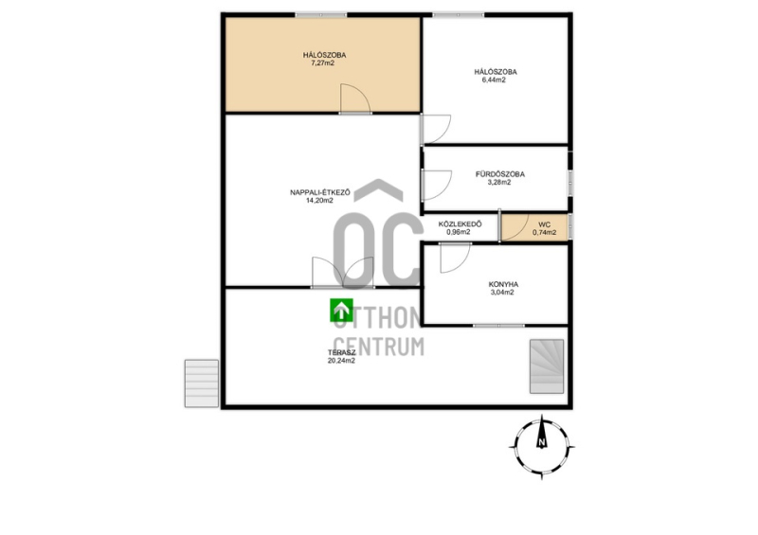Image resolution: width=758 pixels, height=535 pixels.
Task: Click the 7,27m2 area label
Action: (x=322, y=62)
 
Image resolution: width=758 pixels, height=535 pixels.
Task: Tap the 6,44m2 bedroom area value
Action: (x=494, y=80)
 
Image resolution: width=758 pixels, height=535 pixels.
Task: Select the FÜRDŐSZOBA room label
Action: (x=500, y=174)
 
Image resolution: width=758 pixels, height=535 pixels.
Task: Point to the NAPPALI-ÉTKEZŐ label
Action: (x=320, y=192)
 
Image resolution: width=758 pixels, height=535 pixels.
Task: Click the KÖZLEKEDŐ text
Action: (x=460, y=224)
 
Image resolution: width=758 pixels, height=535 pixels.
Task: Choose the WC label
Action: (x=544, y=224)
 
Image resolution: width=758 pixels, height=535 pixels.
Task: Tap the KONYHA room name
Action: (x=503, y=285)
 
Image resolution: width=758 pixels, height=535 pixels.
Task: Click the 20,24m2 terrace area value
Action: (x=341, y=361)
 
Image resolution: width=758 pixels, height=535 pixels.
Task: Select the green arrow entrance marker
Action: (x=341, y=311)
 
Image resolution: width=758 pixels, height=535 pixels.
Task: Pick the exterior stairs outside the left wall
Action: (x=201, y=383)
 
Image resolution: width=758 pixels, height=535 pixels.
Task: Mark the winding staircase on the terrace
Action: (x=547, y=366)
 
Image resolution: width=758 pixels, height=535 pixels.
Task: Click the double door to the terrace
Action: (x=343, y=273)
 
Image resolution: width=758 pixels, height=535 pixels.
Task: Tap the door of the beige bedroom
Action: (x=355, y=98)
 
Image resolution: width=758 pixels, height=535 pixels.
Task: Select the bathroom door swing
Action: (x=437, y=185)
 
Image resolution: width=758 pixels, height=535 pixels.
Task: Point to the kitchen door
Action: (x=456, y=258)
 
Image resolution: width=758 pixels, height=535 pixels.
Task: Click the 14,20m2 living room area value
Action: (x=319, y=201)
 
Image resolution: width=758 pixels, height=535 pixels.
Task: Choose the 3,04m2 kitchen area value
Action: (x=502, y=293)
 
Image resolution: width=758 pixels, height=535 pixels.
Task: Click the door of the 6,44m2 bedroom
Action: (x=436, y=129)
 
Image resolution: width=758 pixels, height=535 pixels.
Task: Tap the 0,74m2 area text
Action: (x=544, y=232)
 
